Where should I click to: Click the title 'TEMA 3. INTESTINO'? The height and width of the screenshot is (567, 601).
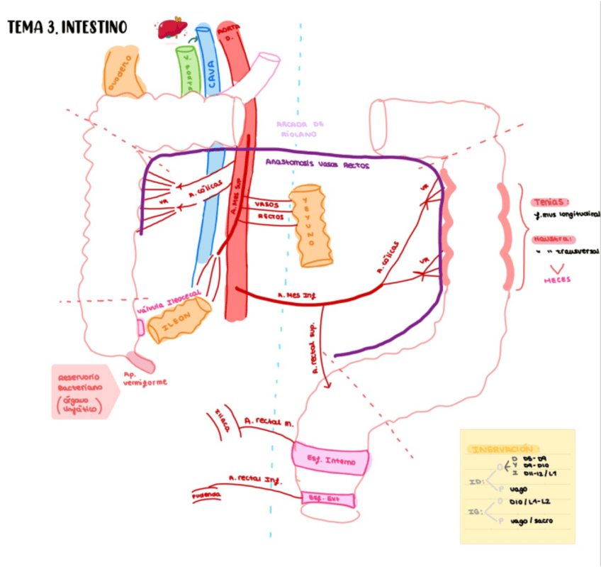[x=67, y=28]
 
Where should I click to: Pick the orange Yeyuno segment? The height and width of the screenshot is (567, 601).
[x=310, y=226]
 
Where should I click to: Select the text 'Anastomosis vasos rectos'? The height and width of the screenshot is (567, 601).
[x=317, y=163]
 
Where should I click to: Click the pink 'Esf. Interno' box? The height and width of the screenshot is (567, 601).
[x=331, y=459]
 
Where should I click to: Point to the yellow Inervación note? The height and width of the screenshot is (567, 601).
[x=517, y=485]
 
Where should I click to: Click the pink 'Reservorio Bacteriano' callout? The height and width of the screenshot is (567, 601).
[x=79, y=391]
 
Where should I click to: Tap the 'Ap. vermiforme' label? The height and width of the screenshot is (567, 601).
[x=145, y=379]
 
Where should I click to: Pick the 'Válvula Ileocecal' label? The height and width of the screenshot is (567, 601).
[x=170, y=301]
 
